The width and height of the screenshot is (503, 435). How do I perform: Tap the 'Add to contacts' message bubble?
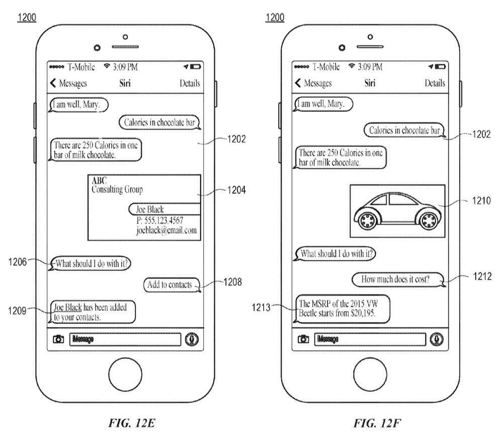point(172,285)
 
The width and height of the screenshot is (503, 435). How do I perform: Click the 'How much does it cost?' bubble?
point(398,279)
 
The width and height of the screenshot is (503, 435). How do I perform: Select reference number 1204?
point(236,190)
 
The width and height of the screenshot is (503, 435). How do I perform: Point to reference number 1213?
point(261,308)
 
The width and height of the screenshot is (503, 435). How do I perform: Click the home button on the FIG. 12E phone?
point(125,374)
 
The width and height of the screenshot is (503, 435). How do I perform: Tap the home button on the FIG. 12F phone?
point(370,374)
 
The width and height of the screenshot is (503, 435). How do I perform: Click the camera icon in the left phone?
point(58,339)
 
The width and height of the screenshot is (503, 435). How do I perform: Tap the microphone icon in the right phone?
point(436,339)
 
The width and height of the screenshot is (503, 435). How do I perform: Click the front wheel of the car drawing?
point(366,220)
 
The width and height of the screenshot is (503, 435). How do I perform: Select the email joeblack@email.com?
point(166,231)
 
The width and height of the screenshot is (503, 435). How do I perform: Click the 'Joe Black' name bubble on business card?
point(164,209)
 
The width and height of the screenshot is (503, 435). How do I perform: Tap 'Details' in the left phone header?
point(190,84)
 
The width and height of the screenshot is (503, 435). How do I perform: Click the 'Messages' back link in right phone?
point(313,84)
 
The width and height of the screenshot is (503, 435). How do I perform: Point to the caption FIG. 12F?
point(377,423)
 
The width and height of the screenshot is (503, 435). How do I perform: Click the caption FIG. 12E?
point(132,423)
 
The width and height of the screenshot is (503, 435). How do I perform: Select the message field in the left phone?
point(125,339)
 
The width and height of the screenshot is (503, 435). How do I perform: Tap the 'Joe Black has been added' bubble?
point(92,312)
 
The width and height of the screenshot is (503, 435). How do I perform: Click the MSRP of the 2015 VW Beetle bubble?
point(342,309)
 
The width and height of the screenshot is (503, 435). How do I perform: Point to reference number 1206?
point(17,262)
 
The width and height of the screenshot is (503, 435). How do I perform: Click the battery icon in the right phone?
point(440,67)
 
